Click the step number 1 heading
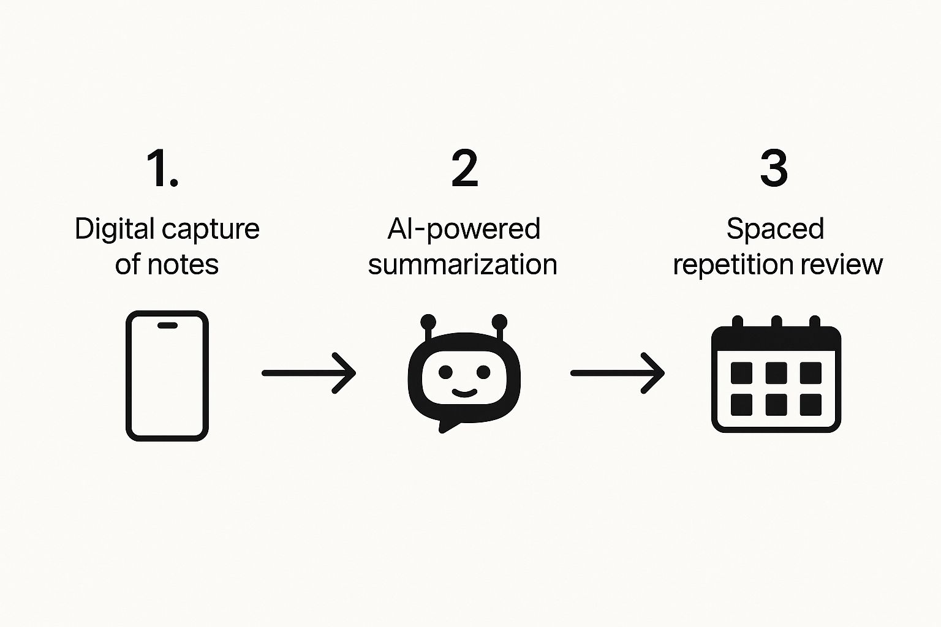tap(162, 168)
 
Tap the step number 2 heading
tap(464, 168)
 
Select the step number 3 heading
tap(774, 168)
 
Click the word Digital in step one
tap(114, 229)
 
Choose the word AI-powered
tap(464, 229)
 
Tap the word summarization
tap(463, 265)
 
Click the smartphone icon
tap(167, 375)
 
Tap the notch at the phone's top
tap(167, 325)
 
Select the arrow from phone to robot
tap(309, 372)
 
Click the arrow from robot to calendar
tap(618, 372)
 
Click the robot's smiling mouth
tap(464, 392)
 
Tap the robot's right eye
tap(483, 372)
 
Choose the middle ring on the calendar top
tap(776, 323)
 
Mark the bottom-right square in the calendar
tap(811, 404)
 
